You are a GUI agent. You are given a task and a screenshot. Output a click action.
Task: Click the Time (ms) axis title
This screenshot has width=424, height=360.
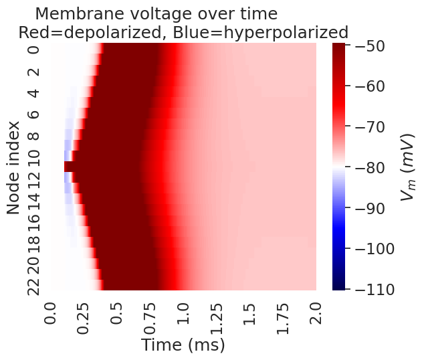[183, 345]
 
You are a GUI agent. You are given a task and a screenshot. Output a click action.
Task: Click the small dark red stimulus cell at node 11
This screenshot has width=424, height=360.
[69, 167]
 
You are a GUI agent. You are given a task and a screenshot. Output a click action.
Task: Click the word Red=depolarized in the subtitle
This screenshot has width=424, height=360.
[87, 32]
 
